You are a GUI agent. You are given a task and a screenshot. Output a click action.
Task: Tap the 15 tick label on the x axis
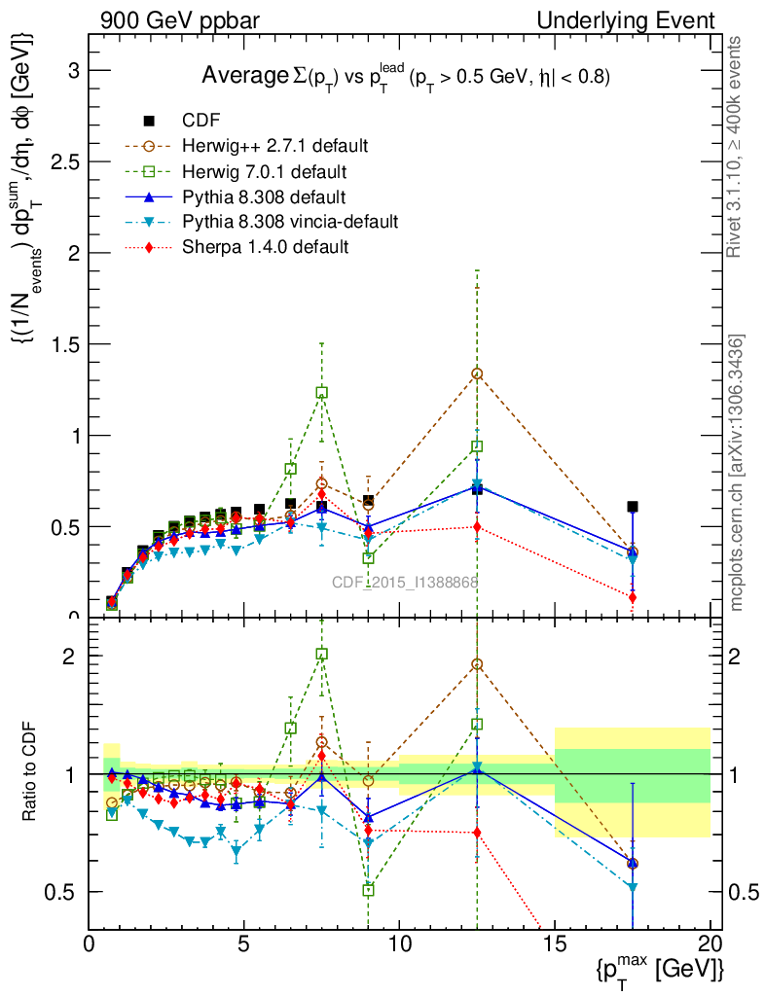(554, 944)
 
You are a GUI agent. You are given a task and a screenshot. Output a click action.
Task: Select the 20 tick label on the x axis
(710, 944)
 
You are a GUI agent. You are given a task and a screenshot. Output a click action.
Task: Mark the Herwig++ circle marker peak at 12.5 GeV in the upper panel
(477, 373)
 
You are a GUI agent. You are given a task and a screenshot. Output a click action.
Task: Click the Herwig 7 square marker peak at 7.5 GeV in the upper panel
(321, 392)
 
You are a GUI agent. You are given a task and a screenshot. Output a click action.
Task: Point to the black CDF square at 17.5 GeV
(633, 506)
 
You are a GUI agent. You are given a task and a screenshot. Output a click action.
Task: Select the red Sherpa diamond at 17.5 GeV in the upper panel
(633, 597)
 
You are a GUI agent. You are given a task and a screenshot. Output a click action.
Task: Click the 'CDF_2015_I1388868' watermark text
(405, 583)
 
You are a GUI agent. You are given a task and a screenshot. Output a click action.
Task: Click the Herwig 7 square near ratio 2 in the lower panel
(321, 654)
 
